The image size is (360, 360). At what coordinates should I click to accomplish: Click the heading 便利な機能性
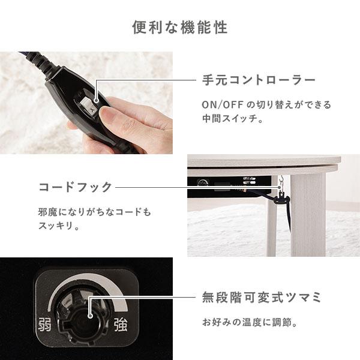point(180,28)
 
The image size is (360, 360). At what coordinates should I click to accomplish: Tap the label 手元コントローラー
point(259,80)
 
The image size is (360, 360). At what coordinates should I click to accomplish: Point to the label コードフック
point(76,187)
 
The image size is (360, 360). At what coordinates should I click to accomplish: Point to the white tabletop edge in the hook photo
point(264,162)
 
